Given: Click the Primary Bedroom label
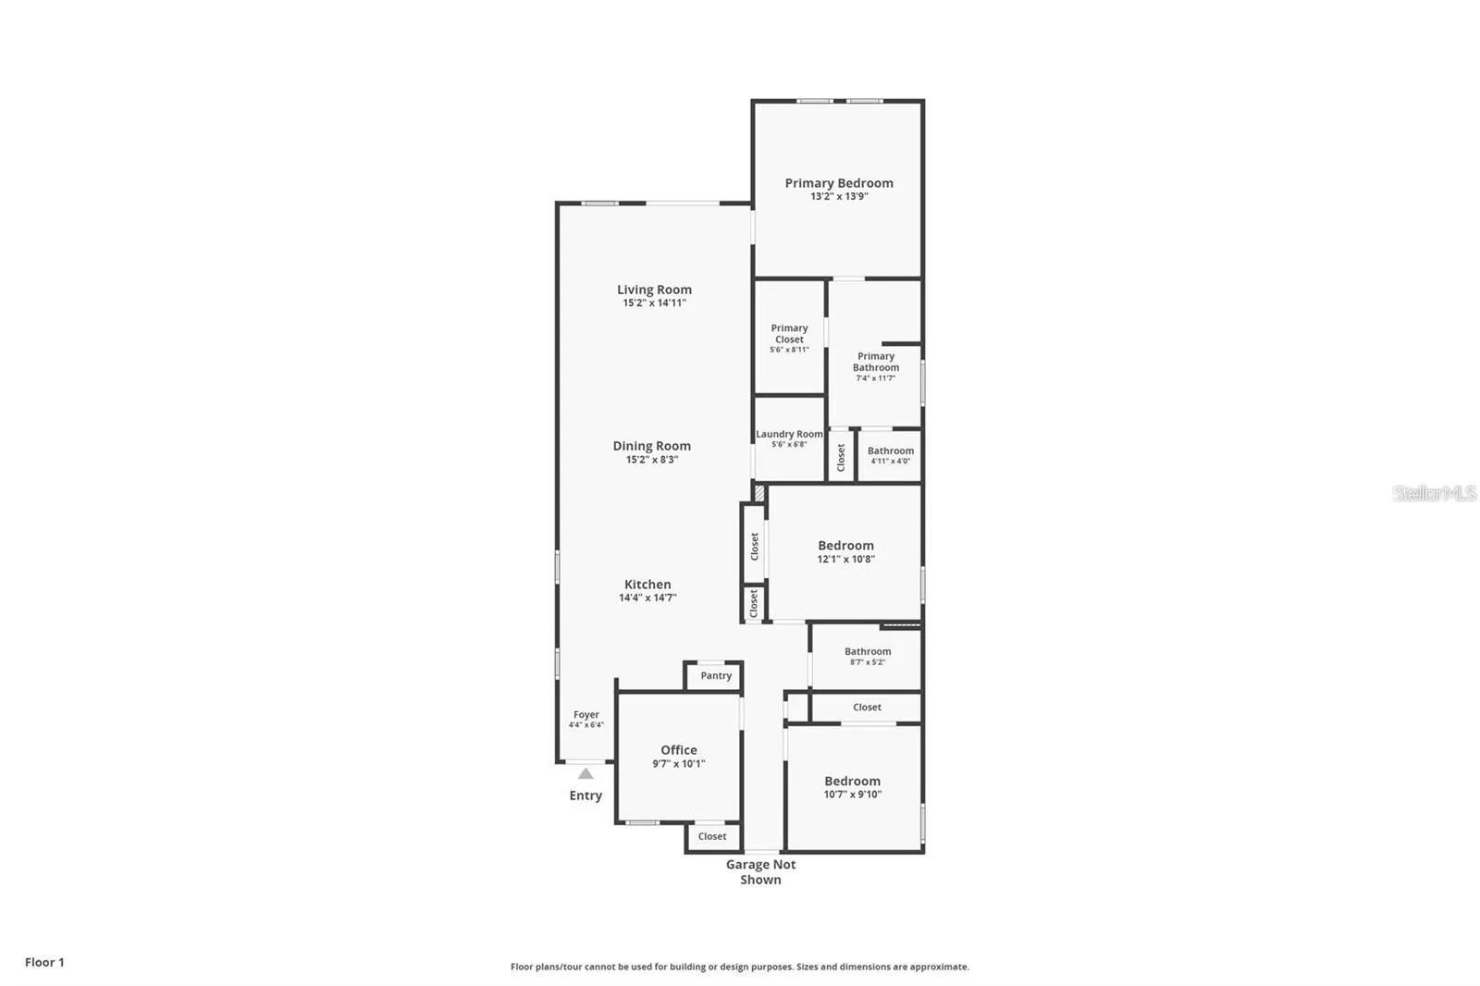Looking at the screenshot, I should click(x=838, y=183).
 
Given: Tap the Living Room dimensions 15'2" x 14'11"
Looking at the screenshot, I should click(x=654, y=303).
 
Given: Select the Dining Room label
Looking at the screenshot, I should click(x=651, y=446).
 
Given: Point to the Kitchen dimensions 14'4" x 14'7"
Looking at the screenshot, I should click(x=647, y=598).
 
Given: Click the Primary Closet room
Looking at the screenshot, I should click(x=789, y=338).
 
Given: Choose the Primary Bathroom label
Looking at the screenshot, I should click(x=875, y=362).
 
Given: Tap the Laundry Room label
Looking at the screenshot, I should click(x=789, y=434).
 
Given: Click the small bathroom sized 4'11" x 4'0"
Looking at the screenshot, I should click(x=890, y=455).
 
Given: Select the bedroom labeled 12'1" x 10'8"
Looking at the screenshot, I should click(x=845, y=552).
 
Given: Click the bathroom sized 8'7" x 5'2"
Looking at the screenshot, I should click(x=867, y=656).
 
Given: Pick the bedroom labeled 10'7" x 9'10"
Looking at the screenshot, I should click(x=852, y=787).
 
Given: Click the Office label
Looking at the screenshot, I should click(x=678, y=750).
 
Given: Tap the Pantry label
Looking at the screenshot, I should click(x=715, y=676).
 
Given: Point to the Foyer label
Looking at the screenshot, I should click(x=586, y=714).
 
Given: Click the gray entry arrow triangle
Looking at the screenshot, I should click(x=586, y=773).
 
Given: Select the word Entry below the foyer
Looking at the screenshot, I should click(x=586, y=795).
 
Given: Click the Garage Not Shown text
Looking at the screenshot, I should click(x=760, y=871).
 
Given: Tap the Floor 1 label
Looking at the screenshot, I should click(x=44, y=962).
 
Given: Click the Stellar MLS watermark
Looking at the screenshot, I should click(x=1434, y=493).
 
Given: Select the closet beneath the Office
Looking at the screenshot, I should click(x=712, y=836).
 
